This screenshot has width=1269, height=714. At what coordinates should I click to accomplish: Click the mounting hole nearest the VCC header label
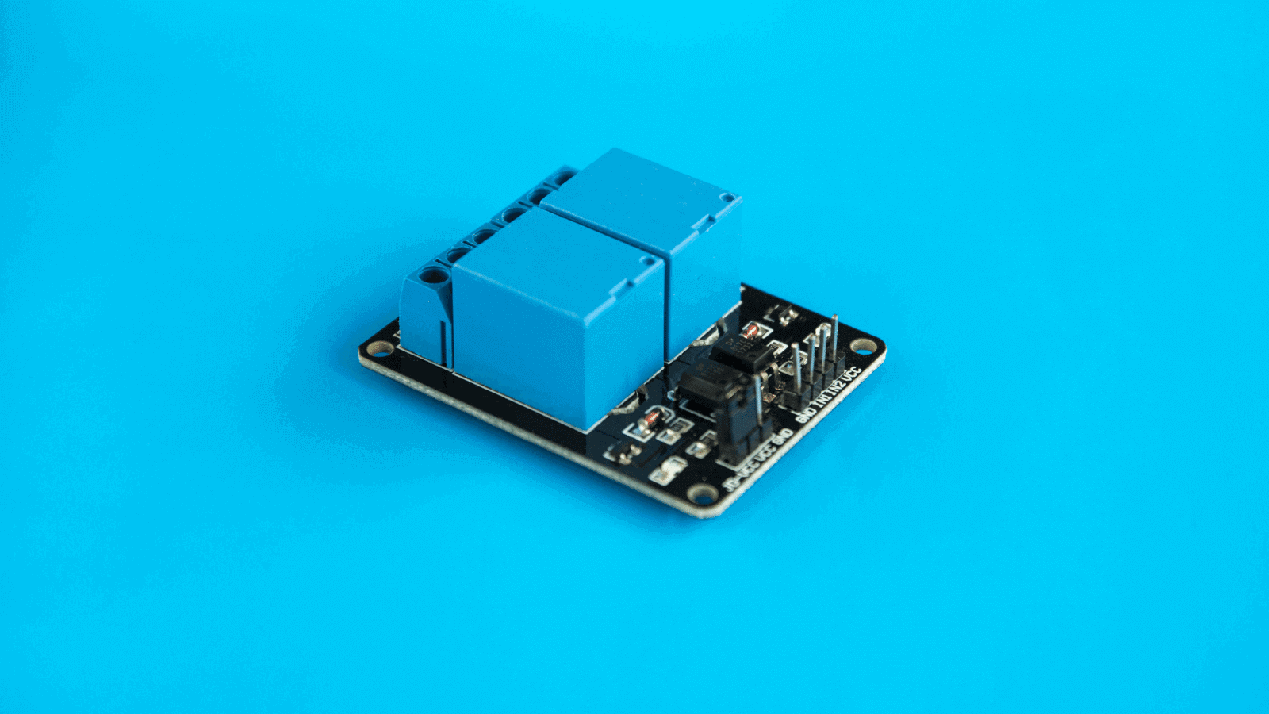tap(862, 346)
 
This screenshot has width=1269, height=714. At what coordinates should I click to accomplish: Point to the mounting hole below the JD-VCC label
tap(700, 494)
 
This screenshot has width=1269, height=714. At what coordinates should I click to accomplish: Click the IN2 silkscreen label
tap(835, 386)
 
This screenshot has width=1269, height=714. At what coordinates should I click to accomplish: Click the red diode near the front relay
tap(650, 418)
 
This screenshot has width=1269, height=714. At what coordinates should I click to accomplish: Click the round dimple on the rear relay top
tap(726, 197)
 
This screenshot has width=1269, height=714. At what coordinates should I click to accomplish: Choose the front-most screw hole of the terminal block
tap(432, 275)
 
